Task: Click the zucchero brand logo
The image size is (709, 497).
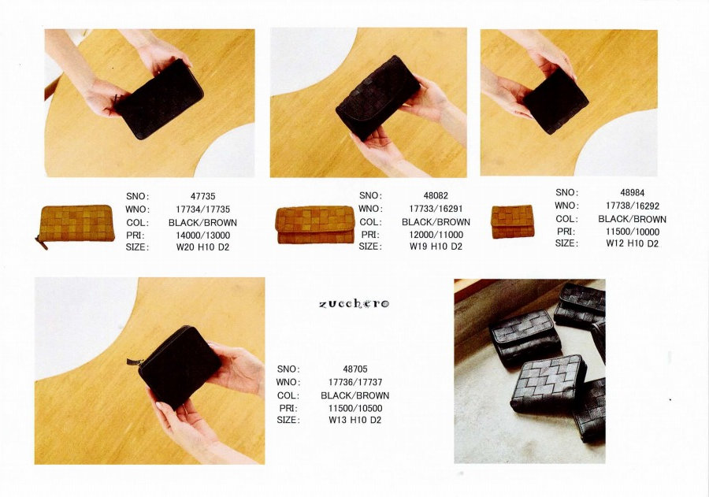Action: tap(354, 303)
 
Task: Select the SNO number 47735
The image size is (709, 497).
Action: tap(202, 196)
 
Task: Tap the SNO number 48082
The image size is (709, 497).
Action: tap(436, 195)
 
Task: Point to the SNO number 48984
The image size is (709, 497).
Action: tap(632, 193)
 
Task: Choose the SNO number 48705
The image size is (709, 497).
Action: tap(355, 369)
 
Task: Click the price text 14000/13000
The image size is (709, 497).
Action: tap(202, 236)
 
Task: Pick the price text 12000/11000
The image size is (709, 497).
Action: tap(436, 234)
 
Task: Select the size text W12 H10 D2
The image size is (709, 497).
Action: tap(632, 243)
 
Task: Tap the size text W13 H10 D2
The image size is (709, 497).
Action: tap(355, 420)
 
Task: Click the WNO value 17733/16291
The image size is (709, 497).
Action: tap(436, 209)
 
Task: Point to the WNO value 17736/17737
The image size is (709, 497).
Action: tap(355, 382)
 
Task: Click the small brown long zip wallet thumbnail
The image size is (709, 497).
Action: tap(76, 224)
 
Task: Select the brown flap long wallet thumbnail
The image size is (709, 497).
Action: tap(315, 224)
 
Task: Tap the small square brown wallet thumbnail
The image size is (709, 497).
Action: tap(512, 221)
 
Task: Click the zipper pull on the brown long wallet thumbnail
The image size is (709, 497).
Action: tap(42, 243)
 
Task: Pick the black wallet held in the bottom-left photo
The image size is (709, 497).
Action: tap(180, 365)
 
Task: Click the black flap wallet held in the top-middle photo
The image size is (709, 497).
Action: tap(377, 97)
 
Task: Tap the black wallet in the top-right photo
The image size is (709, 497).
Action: tap(555, 101)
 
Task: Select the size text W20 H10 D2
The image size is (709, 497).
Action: tap(202, 247)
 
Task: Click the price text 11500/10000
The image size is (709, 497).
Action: tap(632, 232)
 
